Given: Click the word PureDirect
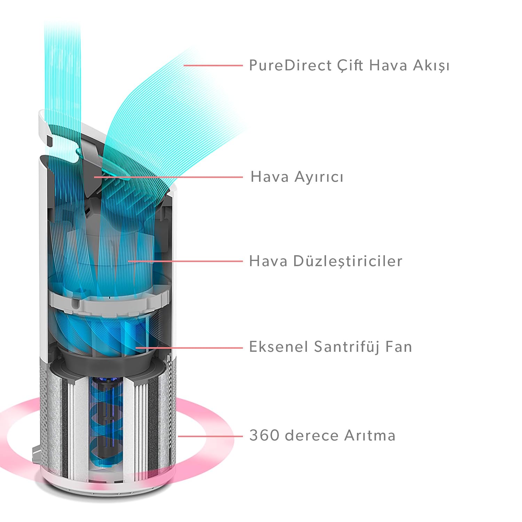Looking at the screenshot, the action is (291, 65).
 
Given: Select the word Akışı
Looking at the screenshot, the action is (431, 66).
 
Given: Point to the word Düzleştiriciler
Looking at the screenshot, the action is (348, 261).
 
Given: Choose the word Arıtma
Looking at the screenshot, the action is (370, 435).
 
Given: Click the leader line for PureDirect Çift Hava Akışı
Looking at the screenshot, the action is (213, 65).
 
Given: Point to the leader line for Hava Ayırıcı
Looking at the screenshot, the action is (168, 177).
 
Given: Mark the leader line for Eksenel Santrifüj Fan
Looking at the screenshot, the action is (189, 348).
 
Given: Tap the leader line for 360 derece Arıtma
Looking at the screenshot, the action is (211, 436).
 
